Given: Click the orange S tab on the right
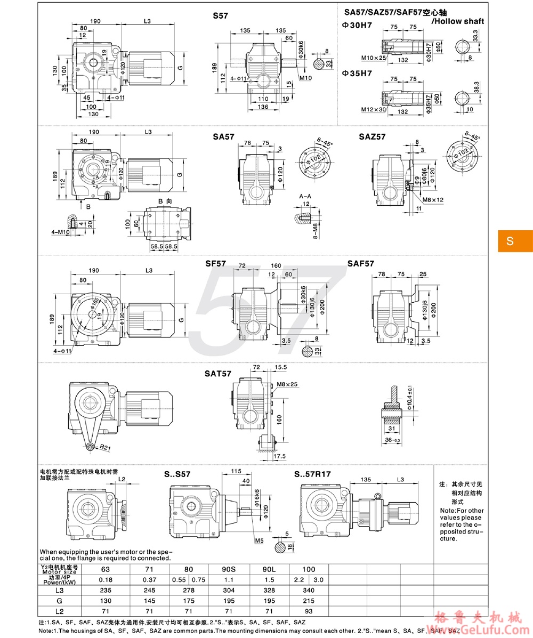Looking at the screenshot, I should pyautogui.click(x=510, y=241).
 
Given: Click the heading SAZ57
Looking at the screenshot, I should pyautogui.click(x=372, y=137).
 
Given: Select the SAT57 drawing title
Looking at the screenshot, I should pyautogui.click(x=217, y=374).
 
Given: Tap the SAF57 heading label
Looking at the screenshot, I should pyautogui.click(x=361, y=263).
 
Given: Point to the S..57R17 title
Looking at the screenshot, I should pyautogui.click(x=312, y=473).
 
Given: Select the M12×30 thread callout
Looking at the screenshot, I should pyautogui.click(x=373, y=110).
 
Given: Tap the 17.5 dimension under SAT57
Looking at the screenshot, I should pyautogui.click(x=280, y=457).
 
